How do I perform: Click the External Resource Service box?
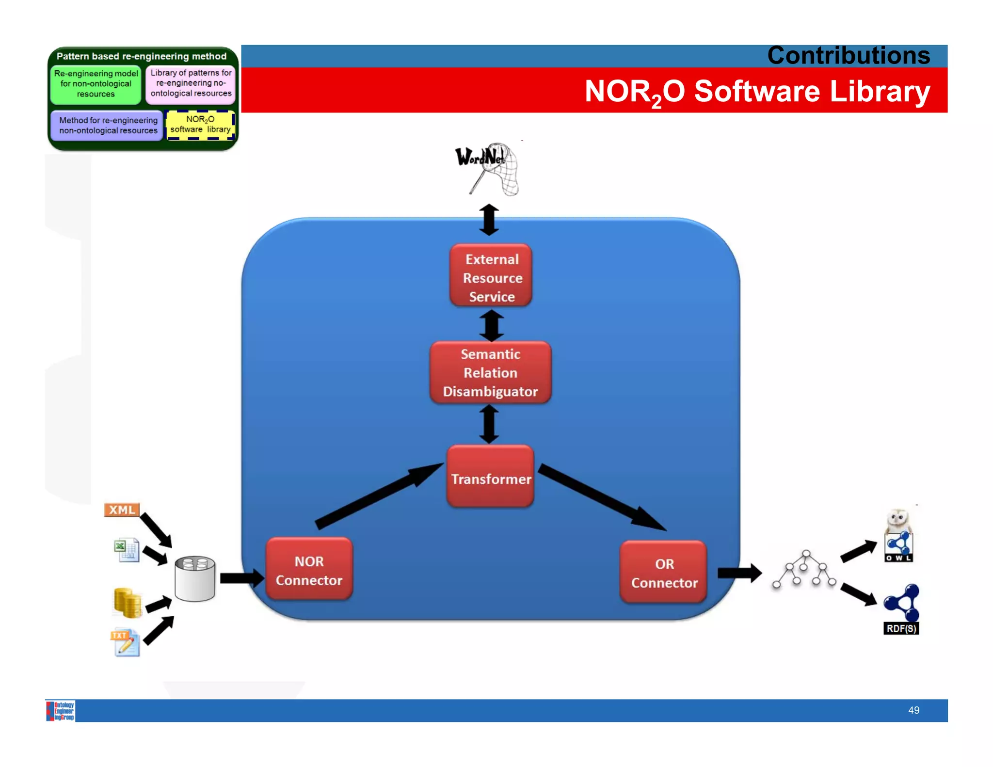[491, 276]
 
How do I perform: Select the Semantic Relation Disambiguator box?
[490, 372]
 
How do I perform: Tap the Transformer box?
[490, 478]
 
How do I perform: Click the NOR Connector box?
[309, 570]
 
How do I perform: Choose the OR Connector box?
[664, 573]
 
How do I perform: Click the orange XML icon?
[122, 510]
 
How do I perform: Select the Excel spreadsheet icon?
[127, 550]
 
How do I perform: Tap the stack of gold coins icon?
[128, 603]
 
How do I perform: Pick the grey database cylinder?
[195, 578]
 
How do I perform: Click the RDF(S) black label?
[901, 628]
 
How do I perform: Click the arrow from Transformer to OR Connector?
[601, 497]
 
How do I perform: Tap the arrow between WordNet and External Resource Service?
[489, 220]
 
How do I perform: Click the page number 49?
[913, 710]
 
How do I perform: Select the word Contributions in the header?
[848, 55]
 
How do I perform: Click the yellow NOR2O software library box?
[200, 125]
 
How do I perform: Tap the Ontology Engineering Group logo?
[61, 711]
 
